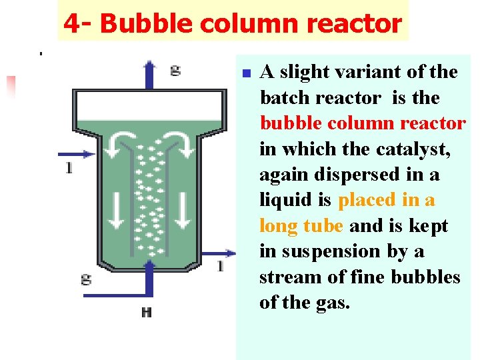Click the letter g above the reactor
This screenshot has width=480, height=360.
(175, 69)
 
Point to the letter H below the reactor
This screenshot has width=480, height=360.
(146, 312)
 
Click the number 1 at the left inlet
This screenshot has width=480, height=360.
(69, 168)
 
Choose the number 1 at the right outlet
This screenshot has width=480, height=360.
(220, 266)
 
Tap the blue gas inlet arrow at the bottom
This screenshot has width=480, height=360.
(149, 280)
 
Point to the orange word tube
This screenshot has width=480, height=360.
(323, 226)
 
